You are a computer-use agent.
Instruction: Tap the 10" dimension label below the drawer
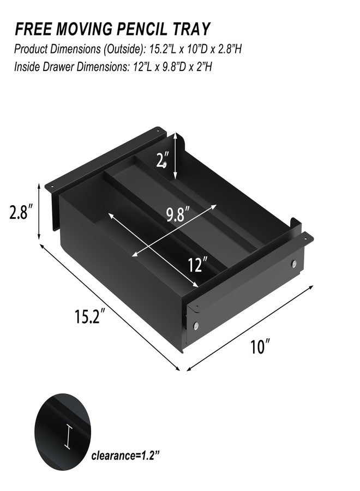coord(260,347)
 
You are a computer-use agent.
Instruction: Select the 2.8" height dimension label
coord(21,212)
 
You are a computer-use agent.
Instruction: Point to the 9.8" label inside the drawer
coord(178,214)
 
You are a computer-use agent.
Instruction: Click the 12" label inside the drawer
coord(198,265)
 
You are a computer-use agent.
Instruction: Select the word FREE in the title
coord(33,29)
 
